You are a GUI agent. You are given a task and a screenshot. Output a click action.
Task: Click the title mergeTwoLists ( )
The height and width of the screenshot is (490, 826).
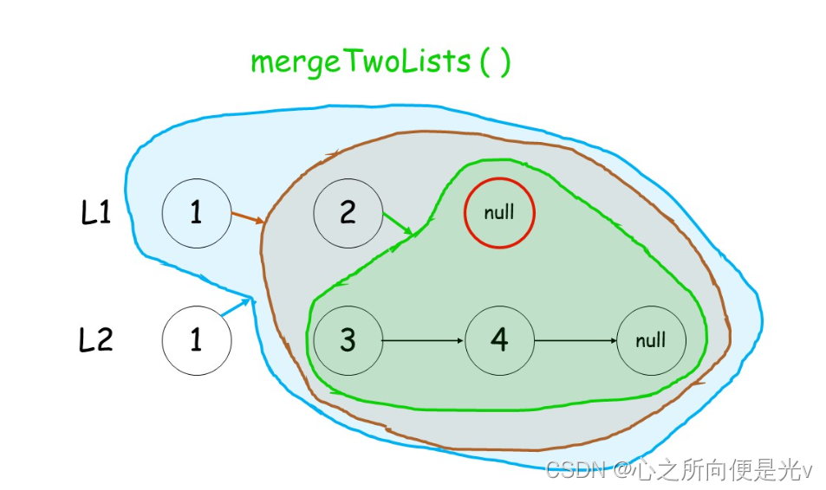380,63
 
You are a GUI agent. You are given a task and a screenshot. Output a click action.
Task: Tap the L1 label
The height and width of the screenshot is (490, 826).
96,212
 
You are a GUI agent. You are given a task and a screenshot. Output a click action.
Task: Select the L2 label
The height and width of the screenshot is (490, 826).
96,340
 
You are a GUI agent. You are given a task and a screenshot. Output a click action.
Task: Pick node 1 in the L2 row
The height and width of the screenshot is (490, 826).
196,340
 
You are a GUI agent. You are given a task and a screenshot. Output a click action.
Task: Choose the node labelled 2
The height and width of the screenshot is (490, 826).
348,212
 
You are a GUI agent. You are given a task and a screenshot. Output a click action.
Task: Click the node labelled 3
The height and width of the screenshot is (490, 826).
348,340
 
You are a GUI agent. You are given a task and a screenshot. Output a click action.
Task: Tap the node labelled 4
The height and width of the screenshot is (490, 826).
499,340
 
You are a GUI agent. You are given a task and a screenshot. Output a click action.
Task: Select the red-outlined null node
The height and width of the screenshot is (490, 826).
499,212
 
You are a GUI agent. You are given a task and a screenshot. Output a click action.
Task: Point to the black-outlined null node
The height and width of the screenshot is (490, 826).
651,340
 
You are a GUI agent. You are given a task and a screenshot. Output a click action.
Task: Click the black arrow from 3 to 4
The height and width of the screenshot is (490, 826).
423,340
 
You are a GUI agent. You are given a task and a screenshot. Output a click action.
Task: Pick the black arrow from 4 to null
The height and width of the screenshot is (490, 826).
575,340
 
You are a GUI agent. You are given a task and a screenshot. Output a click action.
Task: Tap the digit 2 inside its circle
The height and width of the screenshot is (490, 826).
348,212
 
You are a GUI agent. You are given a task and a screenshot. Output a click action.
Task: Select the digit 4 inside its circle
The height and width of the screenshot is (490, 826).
499,340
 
